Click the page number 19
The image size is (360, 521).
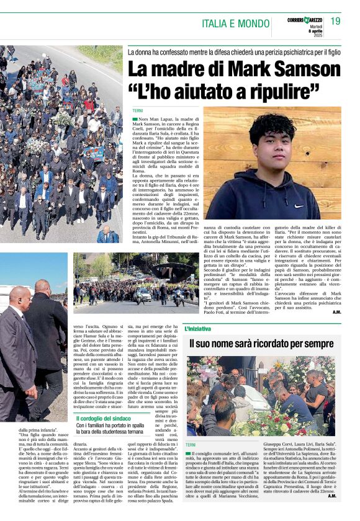(x=336, y=21)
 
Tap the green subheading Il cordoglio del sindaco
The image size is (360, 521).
(x=103, y=419)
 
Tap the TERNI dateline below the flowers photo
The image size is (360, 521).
(x=191, y=445)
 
